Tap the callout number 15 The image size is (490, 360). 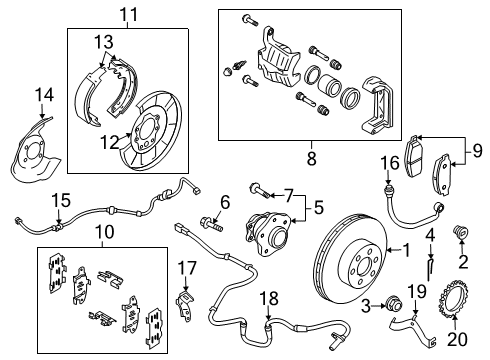click(x=61, y=199)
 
